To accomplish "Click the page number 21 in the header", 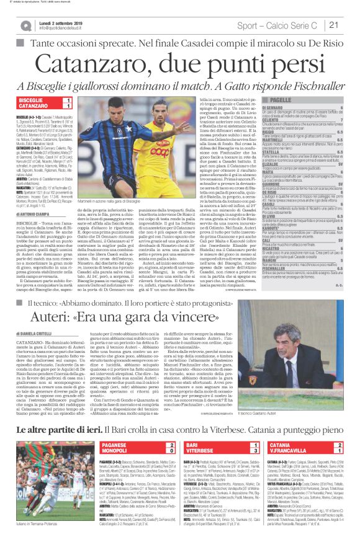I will point(333,25).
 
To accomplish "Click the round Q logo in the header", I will point(26,25).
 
